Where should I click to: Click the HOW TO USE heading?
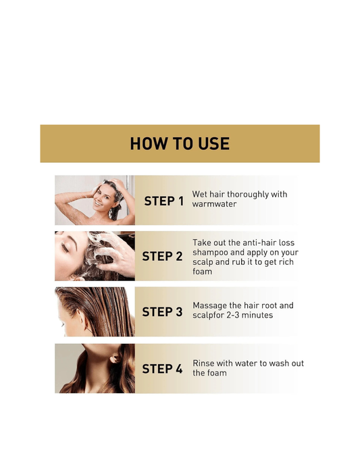(x=180, y=143)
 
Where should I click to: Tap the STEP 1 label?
(x=163, y=201)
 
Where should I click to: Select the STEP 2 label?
(x=162, y=256)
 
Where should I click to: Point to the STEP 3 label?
(x=162, y=311)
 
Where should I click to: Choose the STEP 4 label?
(x=162, y=369)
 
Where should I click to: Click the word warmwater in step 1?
(x=214, y=204)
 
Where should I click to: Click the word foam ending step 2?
(x=203, y=272)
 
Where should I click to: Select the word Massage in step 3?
(x=210, y=305)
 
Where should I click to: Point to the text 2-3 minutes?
(x=251, y=316)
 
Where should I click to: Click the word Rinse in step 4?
(x=205, y=363)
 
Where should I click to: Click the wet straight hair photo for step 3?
(x=95, y=311)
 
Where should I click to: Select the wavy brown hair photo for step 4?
(x=95, y=368)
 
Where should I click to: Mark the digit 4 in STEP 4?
(x=178, y=369)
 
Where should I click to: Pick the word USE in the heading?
(x=214, y=143)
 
